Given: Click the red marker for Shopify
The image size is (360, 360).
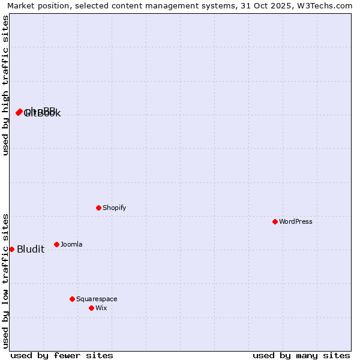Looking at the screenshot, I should point(99,208).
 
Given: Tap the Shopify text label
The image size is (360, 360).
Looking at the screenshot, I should point(114,208).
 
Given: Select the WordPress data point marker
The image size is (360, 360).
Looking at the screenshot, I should point(275,221).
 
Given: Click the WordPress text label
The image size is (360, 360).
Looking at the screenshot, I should point(295,222).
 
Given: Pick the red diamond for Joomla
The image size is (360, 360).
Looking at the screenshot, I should point(57,244).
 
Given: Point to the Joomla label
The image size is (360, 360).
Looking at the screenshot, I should point(71,245).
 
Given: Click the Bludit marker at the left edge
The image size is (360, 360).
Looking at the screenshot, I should point(11,249).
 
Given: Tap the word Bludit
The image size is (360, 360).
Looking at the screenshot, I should point(31,250).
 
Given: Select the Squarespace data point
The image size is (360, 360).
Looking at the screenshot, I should point(73,299).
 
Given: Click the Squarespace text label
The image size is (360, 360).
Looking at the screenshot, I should point(97,299).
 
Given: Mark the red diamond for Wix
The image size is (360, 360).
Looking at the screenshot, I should point(92,308).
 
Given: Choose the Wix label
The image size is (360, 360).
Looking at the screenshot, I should point(101,308).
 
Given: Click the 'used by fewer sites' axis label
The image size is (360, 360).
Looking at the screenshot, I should point(62,355).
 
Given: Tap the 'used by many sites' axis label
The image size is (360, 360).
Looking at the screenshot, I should point(301,355).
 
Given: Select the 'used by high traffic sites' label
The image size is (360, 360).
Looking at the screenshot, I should point(5,86).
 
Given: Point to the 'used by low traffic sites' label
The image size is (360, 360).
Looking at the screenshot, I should point(5,281).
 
